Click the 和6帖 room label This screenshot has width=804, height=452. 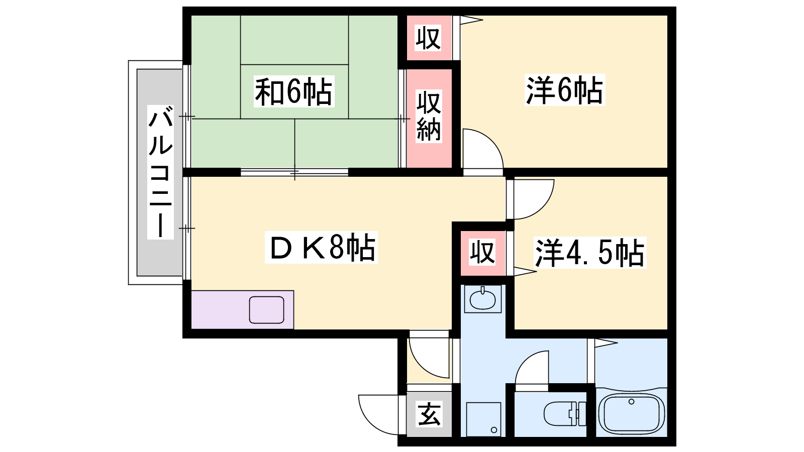coord(294,91)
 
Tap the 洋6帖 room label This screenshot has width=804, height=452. coord(565,90)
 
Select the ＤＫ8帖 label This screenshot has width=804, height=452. coord(321,248)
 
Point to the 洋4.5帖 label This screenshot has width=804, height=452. coord(590,253)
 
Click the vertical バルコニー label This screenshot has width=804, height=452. coord(160,172)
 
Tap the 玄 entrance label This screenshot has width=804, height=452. coord(429,414)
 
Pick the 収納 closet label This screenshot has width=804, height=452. coord(429,117)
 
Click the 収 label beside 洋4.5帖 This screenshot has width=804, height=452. coord(483,253)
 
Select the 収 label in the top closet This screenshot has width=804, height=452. coord(428,38)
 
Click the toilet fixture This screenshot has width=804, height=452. coord(565,414)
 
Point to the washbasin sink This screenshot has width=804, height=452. coord(482,298)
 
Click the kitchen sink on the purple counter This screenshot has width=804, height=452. coord(267,310)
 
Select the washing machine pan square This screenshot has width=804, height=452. coord(483,419)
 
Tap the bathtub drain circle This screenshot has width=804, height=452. coord(631,402)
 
